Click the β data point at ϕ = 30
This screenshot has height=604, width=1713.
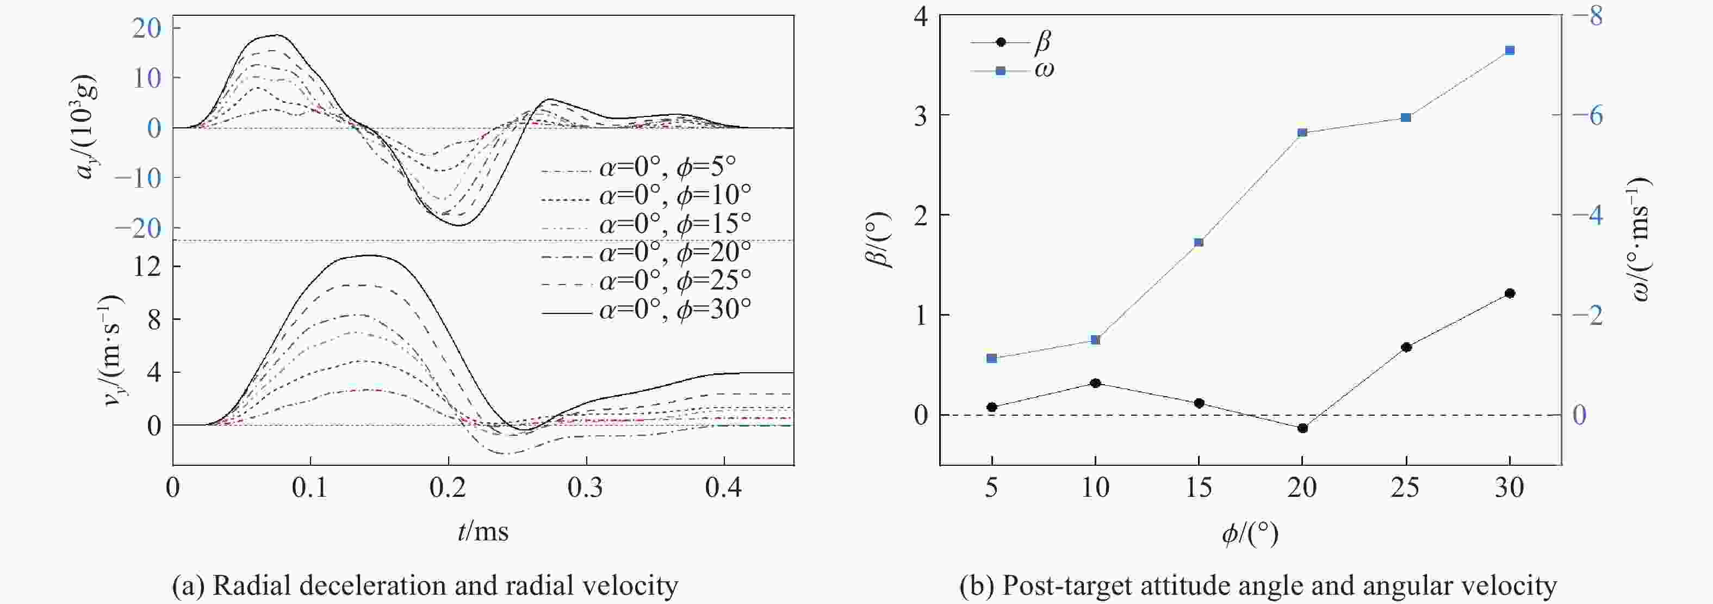point(1510,293)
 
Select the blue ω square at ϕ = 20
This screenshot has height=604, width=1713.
point(1302,132)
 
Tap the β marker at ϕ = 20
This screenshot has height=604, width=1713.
point(1302,428)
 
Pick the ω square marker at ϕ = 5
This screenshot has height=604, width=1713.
point(991,359)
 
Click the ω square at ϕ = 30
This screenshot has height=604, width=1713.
point(1510,51)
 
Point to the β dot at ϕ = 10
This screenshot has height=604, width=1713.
point(1095,383)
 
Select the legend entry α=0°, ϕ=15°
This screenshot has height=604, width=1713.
point(647,224)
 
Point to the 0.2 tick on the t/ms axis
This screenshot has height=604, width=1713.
point(448,488)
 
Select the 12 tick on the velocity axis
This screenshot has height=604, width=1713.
point(147,267)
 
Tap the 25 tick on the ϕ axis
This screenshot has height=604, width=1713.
point(1406,488)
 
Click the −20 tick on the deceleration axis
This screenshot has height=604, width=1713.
point(138,228)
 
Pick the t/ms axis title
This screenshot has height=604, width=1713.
point(483,531)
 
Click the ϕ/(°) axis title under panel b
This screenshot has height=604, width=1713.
point(1250,533)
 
